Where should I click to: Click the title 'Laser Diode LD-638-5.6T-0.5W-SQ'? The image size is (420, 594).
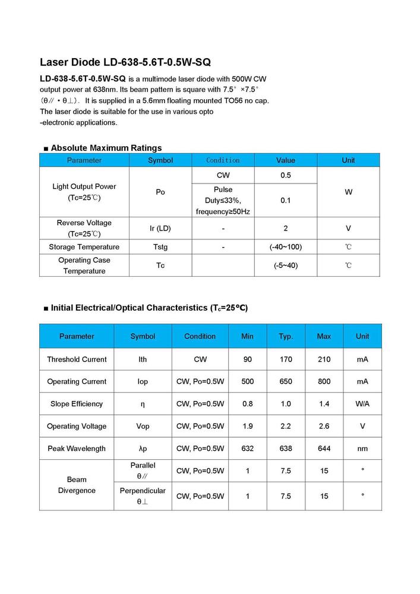[x=125, y=62]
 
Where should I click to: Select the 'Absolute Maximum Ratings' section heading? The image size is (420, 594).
[x=106, y=148]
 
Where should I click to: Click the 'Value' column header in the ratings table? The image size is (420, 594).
[x=286, y=160]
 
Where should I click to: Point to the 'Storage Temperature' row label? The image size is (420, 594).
[x=84, y=247]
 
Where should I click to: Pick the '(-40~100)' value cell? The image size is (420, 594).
[x=286, y=247]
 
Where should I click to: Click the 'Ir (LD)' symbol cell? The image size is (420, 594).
[x=160, y=228]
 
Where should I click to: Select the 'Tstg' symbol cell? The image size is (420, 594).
[x=160, y=247]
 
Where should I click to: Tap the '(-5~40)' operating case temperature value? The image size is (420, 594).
[x=286, y=265]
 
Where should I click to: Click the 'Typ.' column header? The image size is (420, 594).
[x=286, y=336]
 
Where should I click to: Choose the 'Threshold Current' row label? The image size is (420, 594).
[x=77, y=359]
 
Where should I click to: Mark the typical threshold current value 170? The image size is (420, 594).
[x=286, y=359]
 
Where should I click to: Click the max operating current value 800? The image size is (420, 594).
[x=324, y=381]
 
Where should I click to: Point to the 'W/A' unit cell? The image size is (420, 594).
[x=362, y=404]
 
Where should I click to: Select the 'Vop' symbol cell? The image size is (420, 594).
[x=143, y=426]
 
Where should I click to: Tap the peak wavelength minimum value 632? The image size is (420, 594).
[x=248, y=448]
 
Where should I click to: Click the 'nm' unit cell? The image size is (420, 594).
[x=362, y=448]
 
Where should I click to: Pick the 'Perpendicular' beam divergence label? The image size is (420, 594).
[x=143, y=491]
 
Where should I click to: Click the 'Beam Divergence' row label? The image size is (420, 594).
[x=77, y=485]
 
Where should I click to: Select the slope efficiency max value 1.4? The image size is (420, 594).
[x=324, y=404]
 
